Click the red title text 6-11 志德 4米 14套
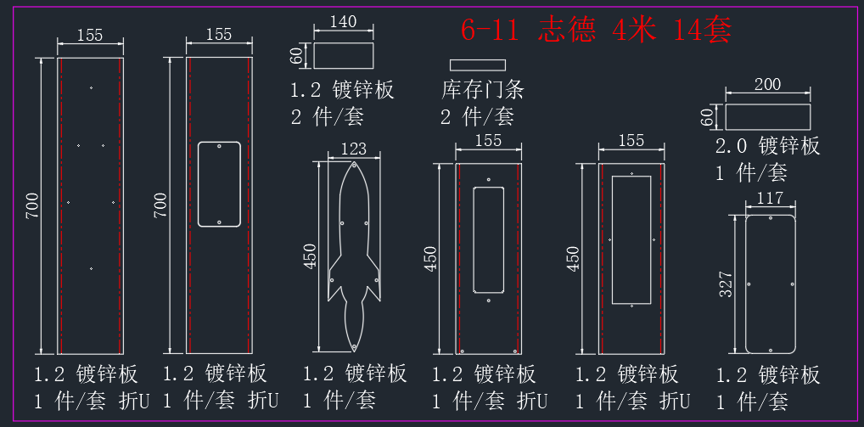click(596, 31)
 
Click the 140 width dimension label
click(343, 21)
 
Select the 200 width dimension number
click(767, 84)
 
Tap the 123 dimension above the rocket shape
click(354, 149)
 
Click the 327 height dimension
click(727, 284)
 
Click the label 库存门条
click(482, 89)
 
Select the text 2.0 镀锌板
click(767, 146)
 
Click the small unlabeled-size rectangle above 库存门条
click(478, 65)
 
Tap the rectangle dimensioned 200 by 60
click(767, 117)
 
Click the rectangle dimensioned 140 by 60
click(343, 56)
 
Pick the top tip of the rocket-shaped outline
click(353, 162)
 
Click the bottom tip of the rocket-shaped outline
click(353, 351)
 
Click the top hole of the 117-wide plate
click(771, 218)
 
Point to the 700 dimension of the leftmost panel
click(33, 205)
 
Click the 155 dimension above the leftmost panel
click(90, 36)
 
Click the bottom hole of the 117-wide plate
click(771, 349)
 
